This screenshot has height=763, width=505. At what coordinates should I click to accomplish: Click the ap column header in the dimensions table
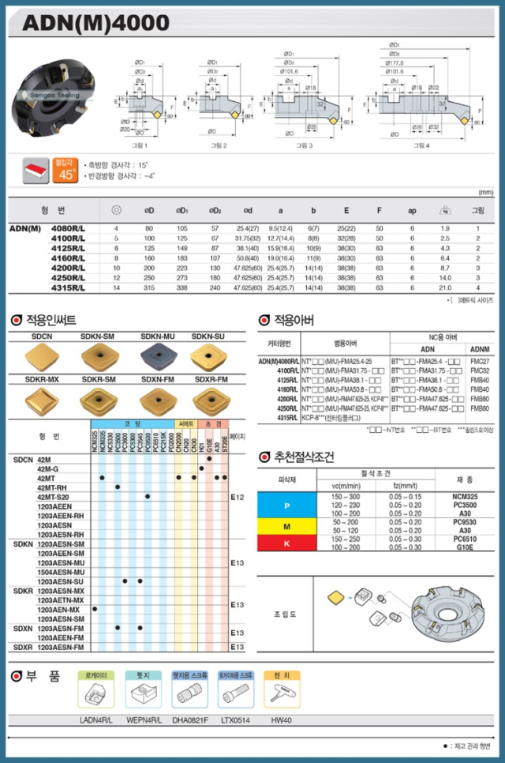click(x=411, y=210)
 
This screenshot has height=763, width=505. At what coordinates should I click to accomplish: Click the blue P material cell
click(x=286, y=505)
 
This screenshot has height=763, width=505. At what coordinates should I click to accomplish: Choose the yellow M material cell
click(x=286, y=526)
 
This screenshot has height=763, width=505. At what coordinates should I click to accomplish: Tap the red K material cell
click(x=286, y=543)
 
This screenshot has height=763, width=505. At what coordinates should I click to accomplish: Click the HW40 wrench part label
click(x=281, y=720)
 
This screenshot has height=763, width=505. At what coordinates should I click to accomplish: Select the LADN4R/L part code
click(x=96, y=720)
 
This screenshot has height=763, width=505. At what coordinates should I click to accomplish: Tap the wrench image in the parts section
click(x=282, y=694)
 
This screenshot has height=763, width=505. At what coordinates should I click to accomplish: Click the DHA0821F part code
click(x=189, y=720)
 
